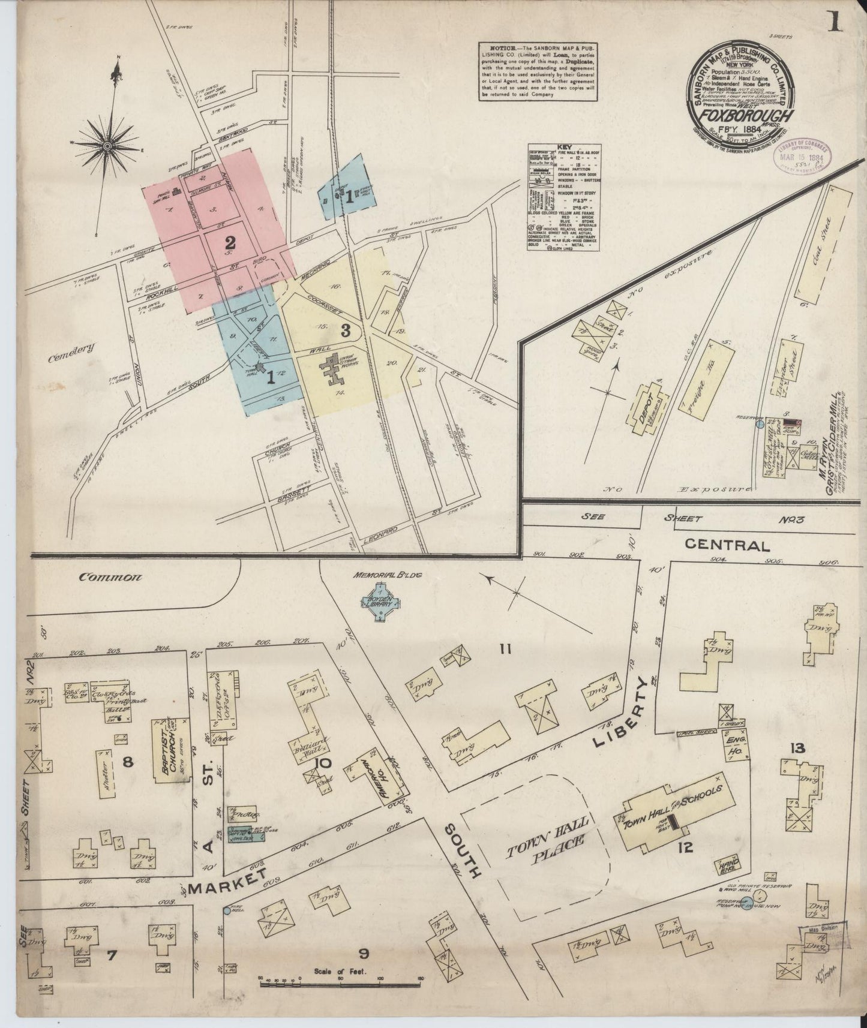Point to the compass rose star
click(107, 145)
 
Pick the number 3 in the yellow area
click(345, 329)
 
